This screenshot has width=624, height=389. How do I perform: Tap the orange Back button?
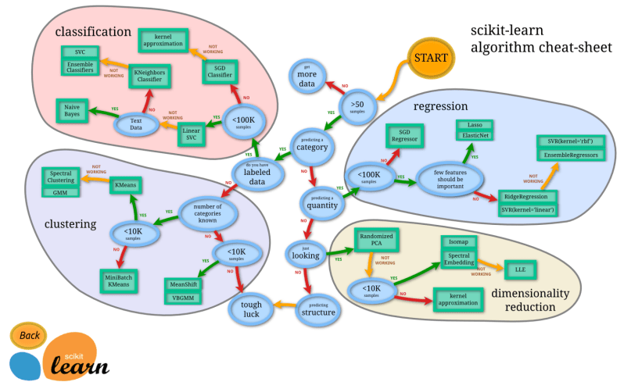(x=29, y=335)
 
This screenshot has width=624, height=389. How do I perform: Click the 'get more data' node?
(x=306, y=77)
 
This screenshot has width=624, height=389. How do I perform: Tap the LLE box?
(x=519, y=269)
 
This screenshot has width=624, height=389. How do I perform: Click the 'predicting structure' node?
(x=318, y=309)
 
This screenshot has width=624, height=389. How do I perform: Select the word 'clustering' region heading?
(x=70, y=224)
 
